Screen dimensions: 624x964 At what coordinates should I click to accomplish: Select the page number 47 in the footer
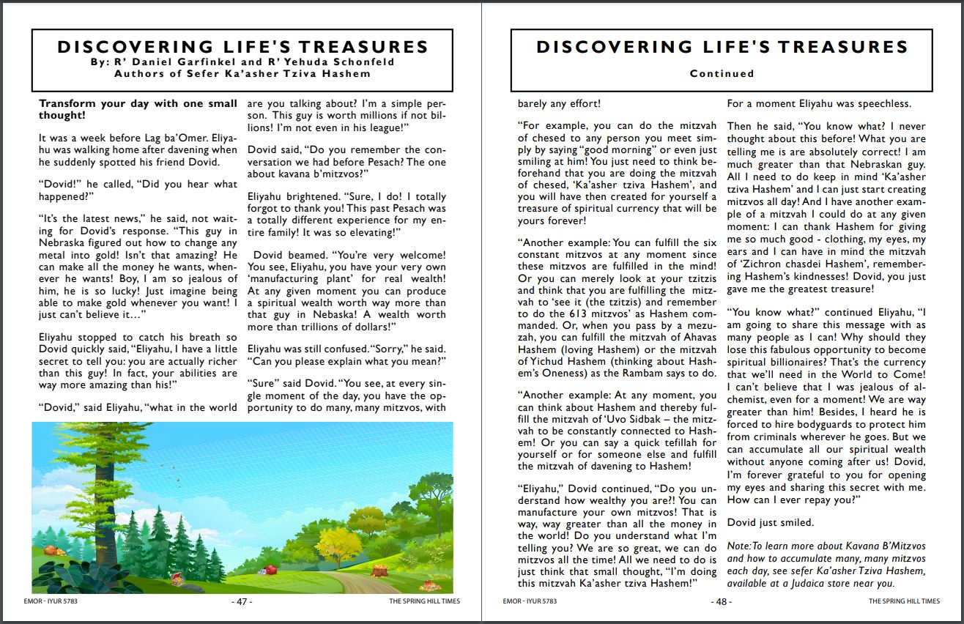pyautogui.click(x=242, y=601)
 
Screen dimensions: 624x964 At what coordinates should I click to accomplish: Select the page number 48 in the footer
pyautogui.click(x=721, y=601)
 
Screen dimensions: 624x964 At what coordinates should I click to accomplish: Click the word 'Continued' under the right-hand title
pyautogui.click(x=722, y=73)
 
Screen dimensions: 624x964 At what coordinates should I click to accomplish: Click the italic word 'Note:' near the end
pyautogui.click(x=738, y=546)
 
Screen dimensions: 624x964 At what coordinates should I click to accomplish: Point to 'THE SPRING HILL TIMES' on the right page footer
pyautogui.click(x=904, y=601)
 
